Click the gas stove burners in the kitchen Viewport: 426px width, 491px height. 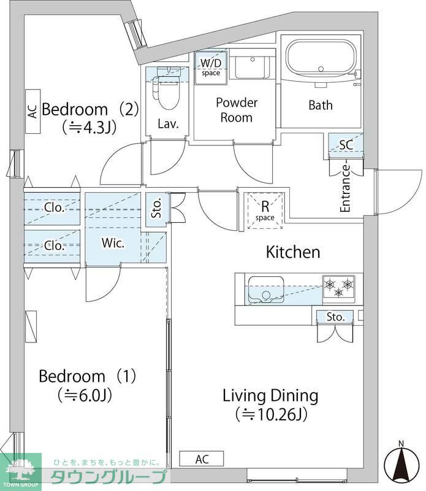pos(339,287)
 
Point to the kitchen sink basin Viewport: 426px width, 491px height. pos(266,290)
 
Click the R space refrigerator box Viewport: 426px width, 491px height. pos(265,211)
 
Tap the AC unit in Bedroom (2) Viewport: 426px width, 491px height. pos(32,111)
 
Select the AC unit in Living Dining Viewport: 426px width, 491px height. pos(202,459)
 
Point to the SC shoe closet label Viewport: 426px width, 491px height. pos(346,145)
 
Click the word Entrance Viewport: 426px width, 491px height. pos(345,188)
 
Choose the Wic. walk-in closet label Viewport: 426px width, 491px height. pos(113,243)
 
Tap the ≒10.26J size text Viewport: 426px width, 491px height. pos(271,414)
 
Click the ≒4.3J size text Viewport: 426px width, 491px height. pos(89,128)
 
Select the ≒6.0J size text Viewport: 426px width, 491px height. pos(85,395)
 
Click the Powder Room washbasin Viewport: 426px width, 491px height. pos(253,67)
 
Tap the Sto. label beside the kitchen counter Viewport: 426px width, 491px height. pos(335,317)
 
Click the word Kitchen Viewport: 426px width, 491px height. pos(293,252)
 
